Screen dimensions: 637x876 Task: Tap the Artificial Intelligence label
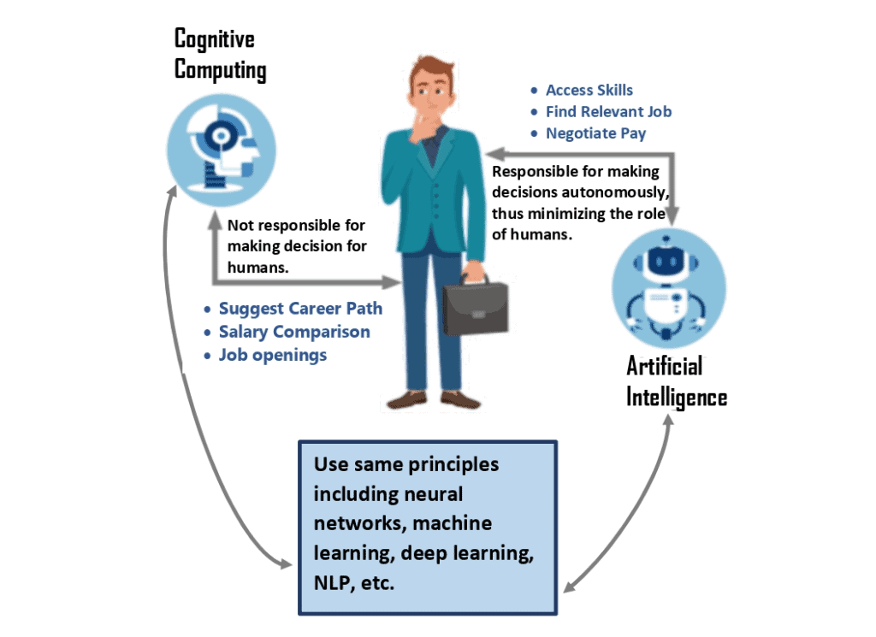(676, 381)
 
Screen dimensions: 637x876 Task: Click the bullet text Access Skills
(589, 90)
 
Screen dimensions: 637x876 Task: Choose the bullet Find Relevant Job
(608, 111)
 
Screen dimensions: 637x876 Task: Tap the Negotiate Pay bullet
(595, 133)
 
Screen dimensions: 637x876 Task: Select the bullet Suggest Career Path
(300, 309)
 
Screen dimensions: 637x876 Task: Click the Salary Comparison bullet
(294, 332)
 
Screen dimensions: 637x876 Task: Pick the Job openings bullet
(272, 354)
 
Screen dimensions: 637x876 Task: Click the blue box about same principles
(427, 527)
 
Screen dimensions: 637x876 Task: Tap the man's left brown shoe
(406, 399)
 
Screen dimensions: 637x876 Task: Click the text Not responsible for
(296, 226)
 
